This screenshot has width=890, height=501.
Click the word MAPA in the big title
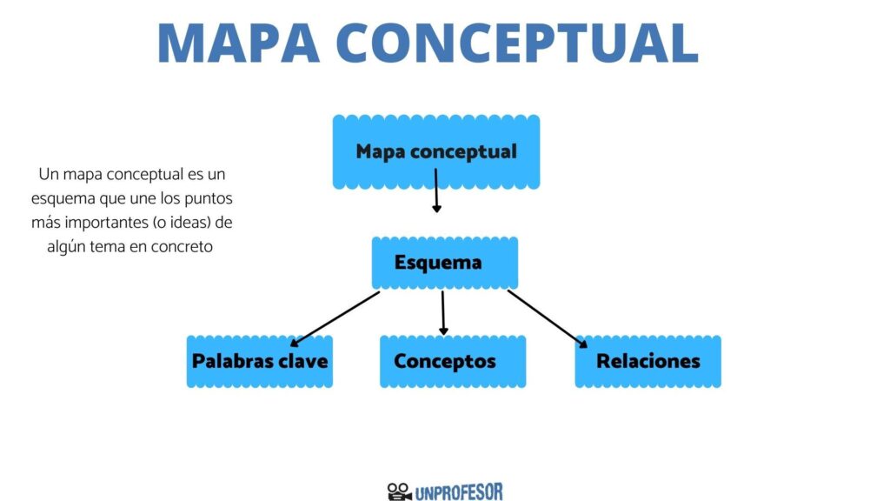point(239,43)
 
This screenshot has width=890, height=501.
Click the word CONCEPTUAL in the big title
point(517,43)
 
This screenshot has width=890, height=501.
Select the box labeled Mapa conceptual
point(436,151)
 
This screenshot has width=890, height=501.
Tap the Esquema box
point(444,263)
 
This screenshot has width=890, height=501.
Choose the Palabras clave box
point(259,361)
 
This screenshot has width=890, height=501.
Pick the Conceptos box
point(452,361)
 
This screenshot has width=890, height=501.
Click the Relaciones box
point(648,361)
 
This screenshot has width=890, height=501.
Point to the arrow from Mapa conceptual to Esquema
point(436,190)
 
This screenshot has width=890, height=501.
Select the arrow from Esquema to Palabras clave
point(335,318)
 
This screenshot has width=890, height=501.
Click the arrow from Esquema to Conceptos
point(442,313)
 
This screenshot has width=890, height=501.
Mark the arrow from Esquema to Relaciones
point(548,318)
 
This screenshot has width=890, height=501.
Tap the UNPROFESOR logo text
point(459,492)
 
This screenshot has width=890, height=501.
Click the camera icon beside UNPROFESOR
point(399,491)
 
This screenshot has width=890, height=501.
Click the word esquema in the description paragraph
point(63,199)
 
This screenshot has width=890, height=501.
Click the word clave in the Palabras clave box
point(307,361)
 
